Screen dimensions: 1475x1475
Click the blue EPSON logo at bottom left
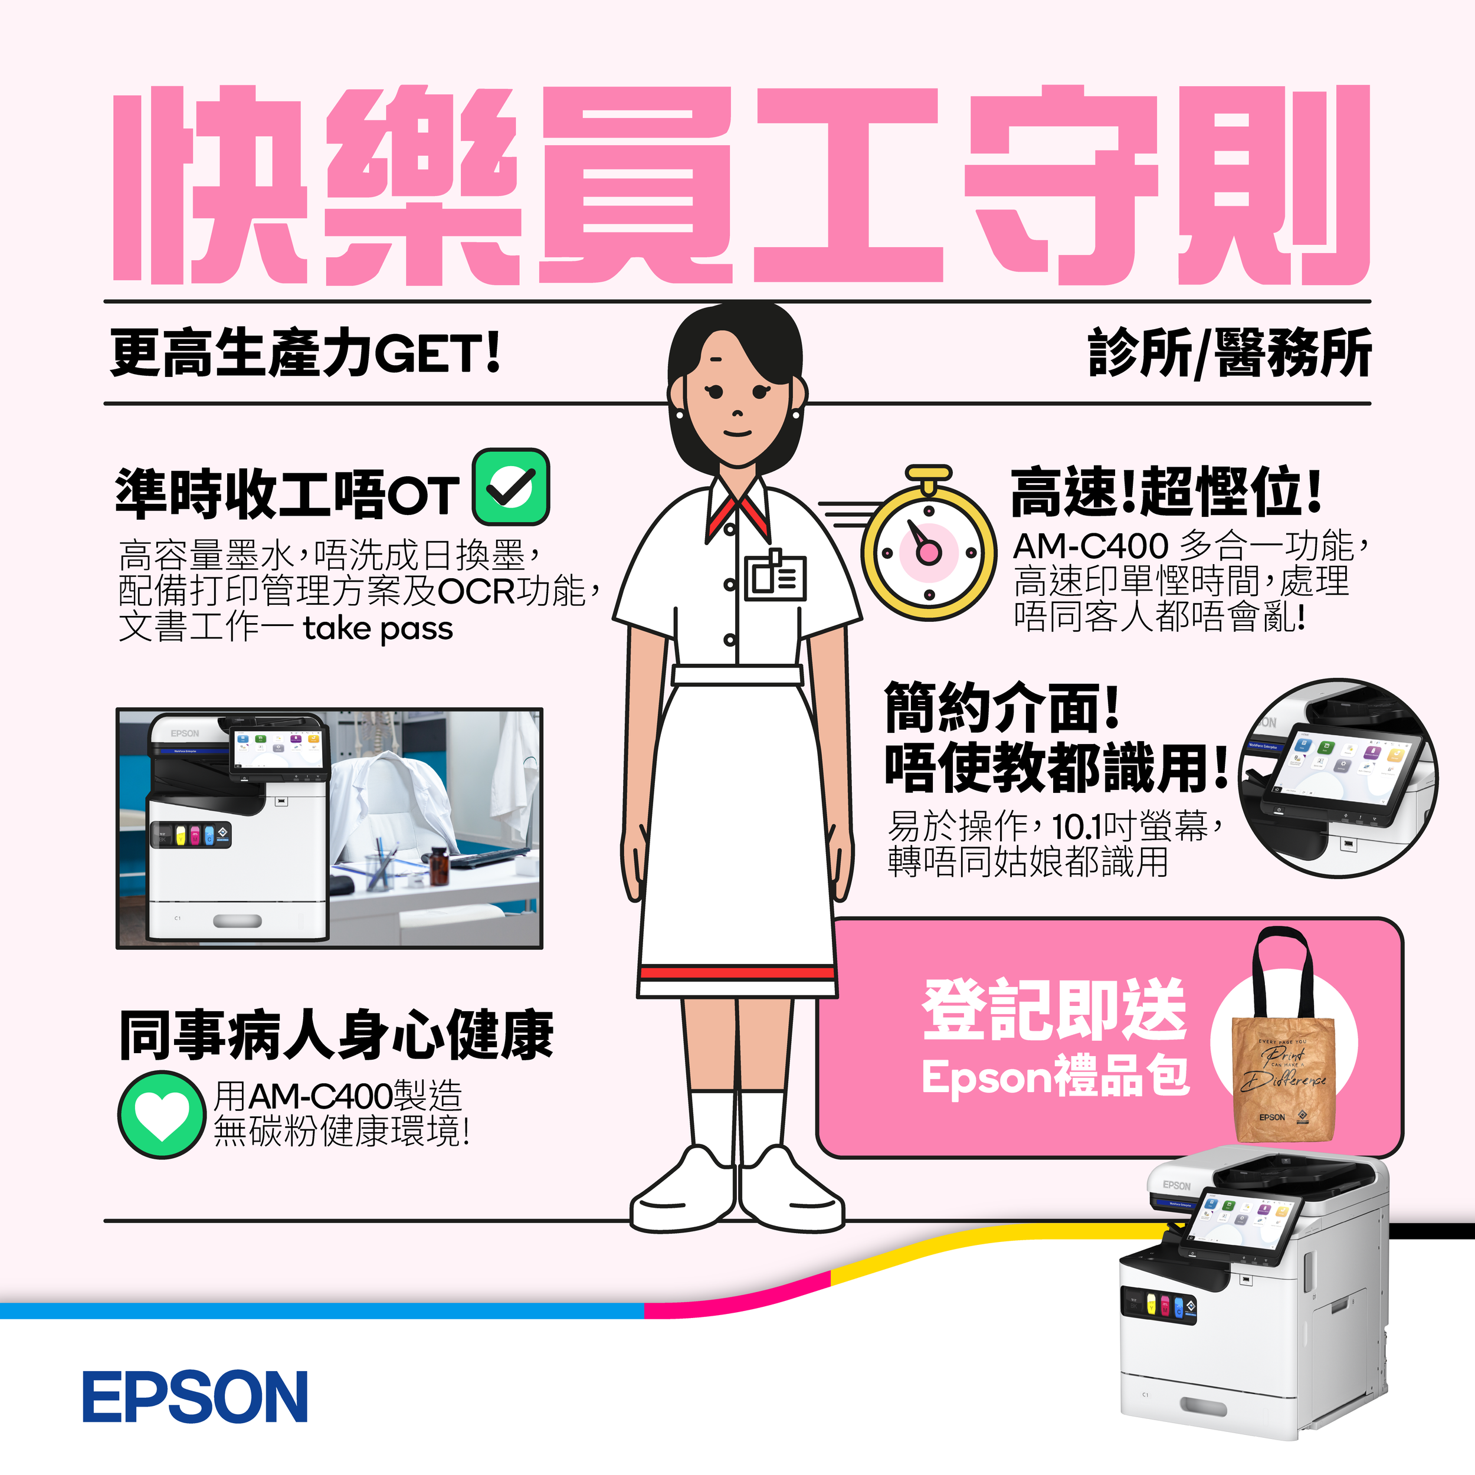coord(195,1397)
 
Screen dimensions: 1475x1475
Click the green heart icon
coord(160,1114)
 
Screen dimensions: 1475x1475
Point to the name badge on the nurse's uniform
coord(775,576)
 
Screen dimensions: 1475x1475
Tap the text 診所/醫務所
coord(1229,354)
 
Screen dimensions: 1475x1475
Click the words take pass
coord(378,629)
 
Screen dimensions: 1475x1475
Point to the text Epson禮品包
coord(1055,1077)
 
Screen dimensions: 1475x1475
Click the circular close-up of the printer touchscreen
coord(1338,777)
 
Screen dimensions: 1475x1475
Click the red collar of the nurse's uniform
coord(737,513)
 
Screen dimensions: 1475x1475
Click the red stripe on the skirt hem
coord(737,973)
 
